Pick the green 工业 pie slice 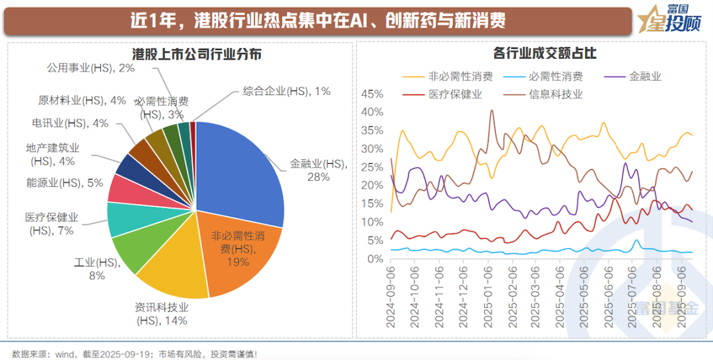point(135,251)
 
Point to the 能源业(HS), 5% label point(65,183)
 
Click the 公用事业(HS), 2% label point(90,68)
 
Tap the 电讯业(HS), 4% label point(69,124)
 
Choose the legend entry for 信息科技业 point(555,94)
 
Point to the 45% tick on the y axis point(372,94)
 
